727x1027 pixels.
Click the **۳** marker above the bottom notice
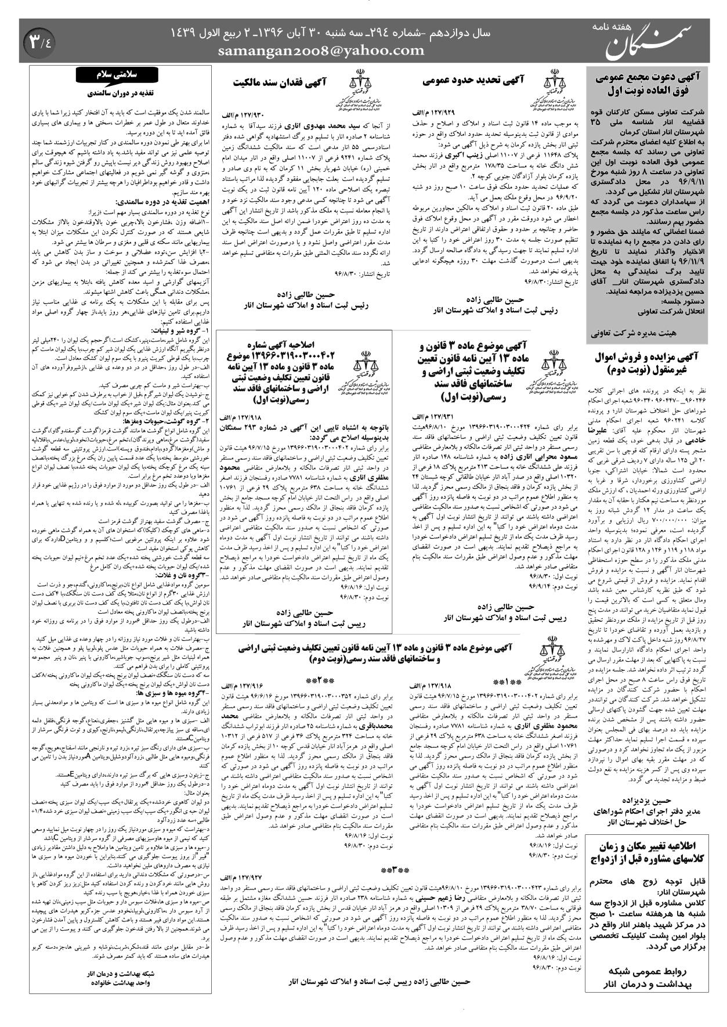point(395,871)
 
